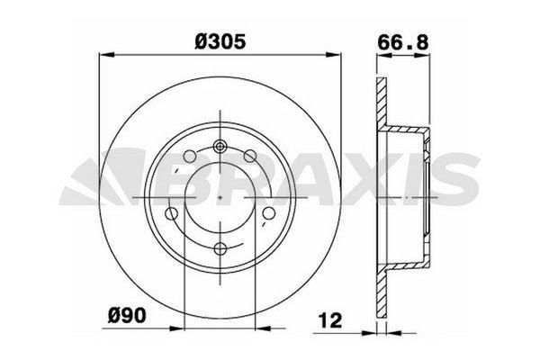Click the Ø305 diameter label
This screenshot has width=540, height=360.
click(x=220, y=41)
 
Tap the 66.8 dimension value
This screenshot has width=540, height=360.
click(x=402, y=42)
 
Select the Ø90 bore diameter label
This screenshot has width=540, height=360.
click(x=127, y=315)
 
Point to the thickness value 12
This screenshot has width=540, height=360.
click(x=330, y=320)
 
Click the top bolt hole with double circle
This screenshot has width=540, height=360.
click(x=220, y=147)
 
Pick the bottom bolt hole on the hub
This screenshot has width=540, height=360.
click(x=220, y=248)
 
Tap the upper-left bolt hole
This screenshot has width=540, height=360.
click(x=190, y=157)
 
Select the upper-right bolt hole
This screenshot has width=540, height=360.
click(x=250, y=157)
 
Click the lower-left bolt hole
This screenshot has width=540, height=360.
click(x=172, y=213)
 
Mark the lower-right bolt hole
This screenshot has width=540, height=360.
click(x=268, y=213)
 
